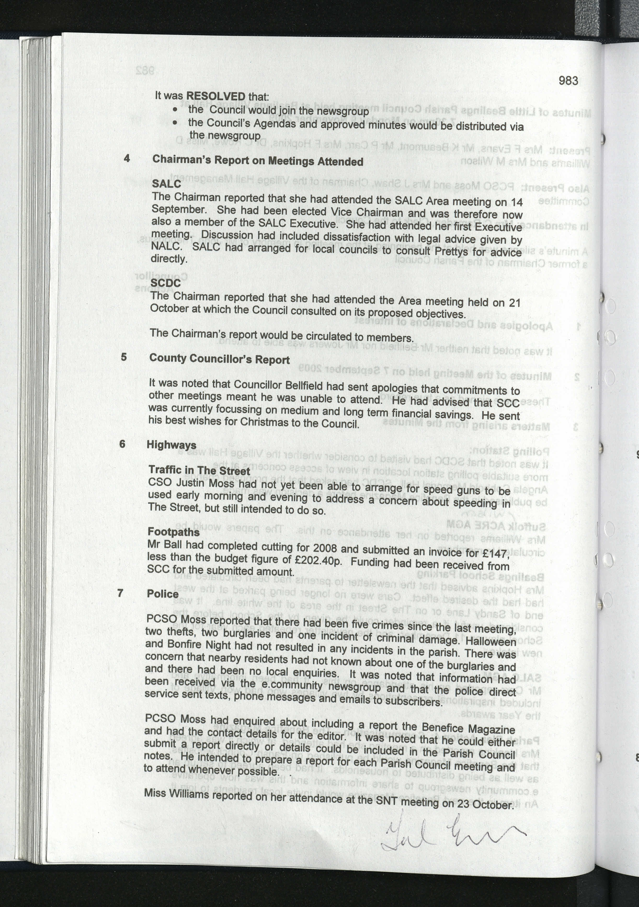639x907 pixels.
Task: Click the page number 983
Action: [568, 81]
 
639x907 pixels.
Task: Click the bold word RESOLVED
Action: [216, 96]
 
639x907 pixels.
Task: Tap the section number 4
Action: [127, 158]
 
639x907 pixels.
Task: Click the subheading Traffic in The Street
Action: [199, 470]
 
